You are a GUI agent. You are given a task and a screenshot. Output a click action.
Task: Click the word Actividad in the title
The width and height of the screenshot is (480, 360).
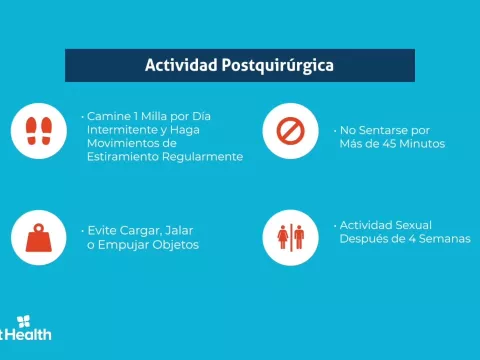click(x=180, y=66)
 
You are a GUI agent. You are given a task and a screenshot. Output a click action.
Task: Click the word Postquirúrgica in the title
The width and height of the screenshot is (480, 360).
click(x=274, y=66)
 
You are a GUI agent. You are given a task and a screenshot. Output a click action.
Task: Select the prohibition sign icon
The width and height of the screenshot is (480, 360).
click(x=290, y=130)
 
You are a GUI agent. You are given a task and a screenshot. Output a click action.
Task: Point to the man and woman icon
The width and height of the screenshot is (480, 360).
click(x=290, y=237)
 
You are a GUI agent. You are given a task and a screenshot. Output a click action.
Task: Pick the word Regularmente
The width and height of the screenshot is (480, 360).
click(x=203, y=157)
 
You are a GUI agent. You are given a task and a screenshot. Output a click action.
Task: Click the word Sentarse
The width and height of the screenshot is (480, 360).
click(x=385, y=130)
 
